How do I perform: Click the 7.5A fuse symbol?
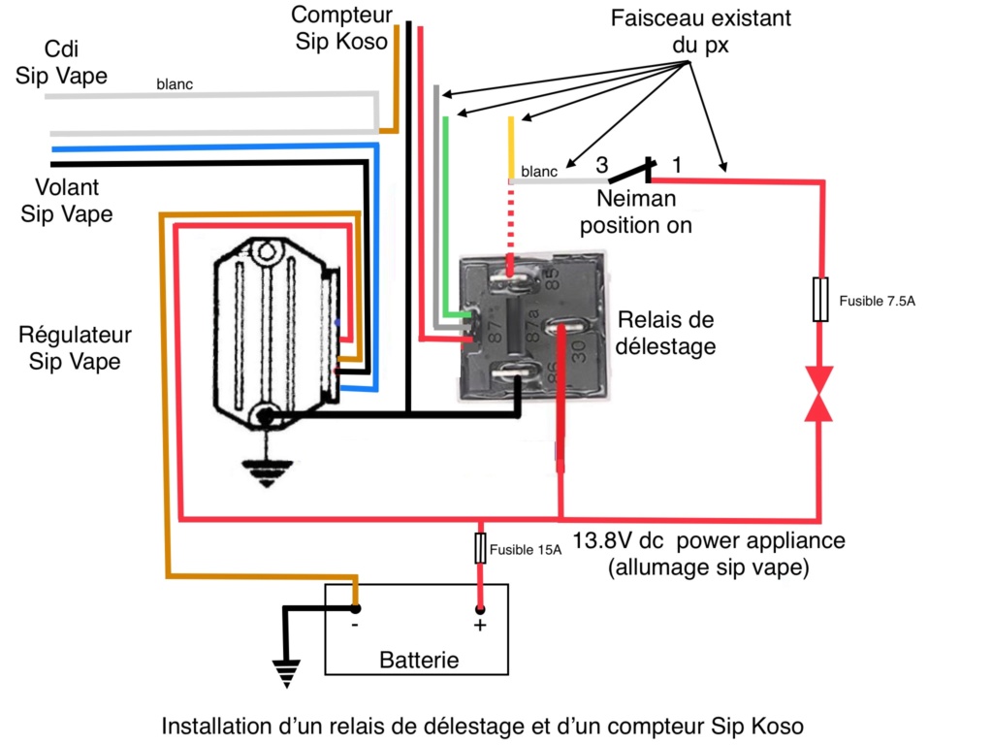click(820, 299)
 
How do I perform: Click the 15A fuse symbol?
click(480, 548)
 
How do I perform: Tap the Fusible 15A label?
click(526, 550)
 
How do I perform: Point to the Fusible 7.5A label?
click(877, 301)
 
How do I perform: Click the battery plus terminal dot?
click(480, 609)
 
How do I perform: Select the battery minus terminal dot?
click(356, 609)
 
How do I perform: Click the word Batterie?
click(419, 660)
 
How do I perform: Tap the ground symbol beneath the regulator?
click(267, 470)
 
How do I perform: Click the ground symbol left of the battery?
click(286, 673)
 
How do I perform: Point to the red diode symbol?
click(818, 394)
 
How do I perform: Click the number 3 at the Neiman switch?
click(601, 165)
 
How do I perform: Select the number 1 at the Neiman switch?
click(677, 165)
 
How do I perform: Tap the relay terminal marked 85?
click(514, 277)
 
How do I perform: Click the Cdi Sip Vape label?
click(61, 62)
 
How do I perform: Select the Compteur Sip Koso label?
click(341, 28)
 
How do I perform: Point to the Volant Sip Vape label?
click(67, 200)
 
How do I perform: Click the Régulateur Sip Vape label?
click(75, 348)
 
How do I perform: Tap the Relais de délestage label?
click(665, 333)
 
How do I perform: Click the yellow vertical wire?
click(511, 147)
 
